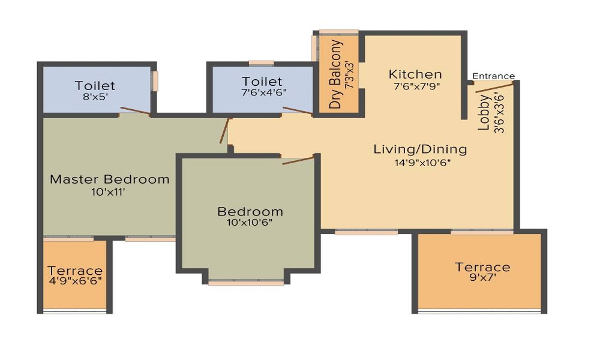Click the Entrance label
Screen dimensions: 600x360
pos(494,76)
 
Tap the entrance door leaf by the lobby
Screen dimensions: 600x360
pos(494,87)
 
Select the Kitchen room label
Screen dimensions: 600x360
pos(415,74)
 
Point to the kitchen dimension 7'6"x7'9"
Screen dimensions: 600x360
pos(417,86)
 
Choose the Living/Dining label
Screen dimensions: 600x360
pos(420,149)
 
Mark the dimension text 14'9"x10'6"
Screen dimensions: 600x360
pos(422,163)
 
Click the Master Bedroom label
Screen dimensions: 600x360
pos(109,179)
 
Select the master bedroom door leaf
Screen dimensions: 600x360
pos(224,131)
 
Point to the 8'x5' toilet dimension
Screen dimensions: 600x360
pos(95,97)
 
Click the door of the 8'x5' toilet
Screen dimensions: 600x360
pos(135,111)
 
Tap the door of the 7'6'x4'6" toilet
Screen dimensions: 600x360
pos(298,111)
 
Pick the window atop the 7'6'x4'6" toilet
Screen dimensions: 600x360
pos(262,63)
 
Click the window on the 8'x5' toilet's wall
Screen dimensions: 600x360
pos(155,81)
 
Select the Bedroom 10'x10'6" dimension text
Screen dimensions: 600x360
pos(250,222)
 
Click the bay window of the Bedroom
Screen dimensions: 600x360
pos(246,283)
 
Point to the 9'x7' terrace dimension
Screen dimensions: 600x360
pos(482,277)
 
